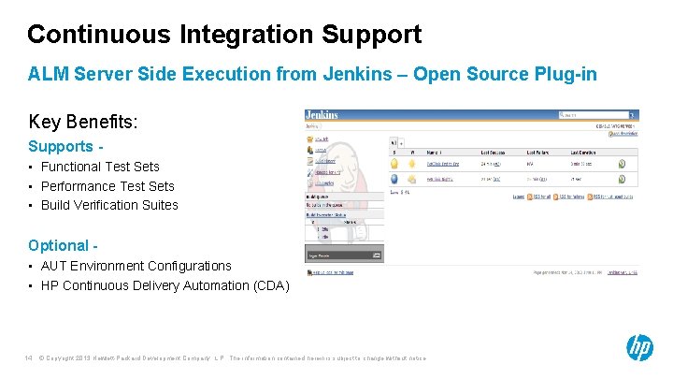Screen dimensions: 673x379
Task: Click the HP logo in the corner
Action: coord(639,348)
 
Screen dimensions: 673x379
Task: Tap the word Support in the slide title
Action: coord(371,35)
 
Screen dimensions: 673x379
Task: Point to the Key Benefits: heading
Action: coord(83,122)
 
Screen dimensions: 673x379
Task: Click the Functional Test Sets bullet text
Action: coord(100,167)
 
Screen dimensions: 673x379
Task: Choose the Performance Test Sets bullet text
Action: coord(107,186)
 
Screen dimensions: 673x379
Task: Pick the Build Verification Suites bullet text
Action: coord(109,205)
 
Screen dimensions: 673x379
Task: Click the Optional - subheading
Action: coord(63,245)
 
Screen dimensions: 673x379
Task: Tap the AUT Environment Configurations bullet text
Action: coord(136,266)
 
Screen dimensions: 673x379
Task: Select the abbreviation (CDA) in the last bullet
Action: coord(271,285)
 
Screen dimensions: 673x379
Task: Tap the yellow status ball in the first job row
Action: coord(395,161)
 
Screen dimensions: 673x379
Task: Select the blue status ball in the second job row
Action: coord(395,179)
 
